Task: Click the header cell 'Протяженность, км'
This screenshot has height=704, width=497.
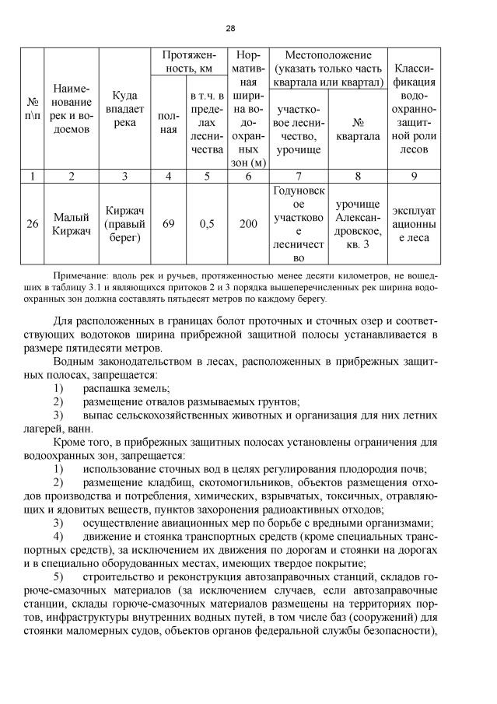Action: (x=188, y=62)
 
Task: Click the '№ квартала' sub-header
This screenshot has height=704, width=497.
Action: (x=359, y=129)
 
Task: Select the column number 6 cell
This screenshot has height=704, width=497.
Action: (x=247, y=176)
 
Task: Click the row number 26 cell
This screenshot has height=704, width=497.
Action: (x=33, y=224)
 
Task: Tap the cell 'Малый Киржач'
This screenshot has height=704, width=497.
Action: (x=72, y=224)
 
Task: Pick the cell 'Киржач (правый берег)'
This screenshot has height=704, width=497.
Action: (x=124, y=224)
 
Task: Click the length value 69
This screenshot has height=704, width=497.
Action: (x=169, y=224)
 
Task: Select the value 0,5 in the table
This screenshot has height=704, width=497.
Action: (x=207, y=224)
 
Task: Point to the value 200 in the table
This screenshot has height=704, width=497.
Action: (x=247, y=224)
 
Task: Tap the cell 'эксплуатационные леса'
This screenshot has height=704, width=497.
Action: (x=419, y=224)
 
